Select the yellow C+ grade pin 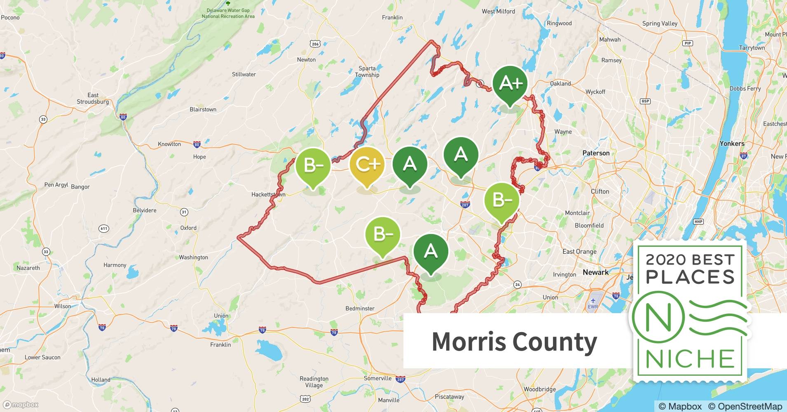pyautogui.click(x=367, y=165)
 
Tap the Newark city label pyautogui.click(x=595, y=272)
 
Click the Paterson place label pyautogui.click(x=596, y=153)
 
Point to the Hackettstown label pyautogui.click(x=268, y=194)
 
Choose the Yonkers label pyautogui.click(x=732, y=144)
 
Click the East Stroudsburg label pyautogui.click(x=93, y=98)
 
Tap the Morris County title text pyautogui.click(x=514, y=342)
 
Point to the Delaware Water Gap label pyautogui.click(x=228, y=13)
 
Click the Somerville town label pyautogui.click(x=377, y=378)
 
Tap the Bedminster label pyautogui.click(x=360, y=309)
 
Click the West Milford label pyautogui.click(x=498, y=12)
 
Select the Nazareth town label pyautogui.click(x=28, y=268)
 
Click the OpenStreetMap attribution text pyautogui.click(x=745, y=406)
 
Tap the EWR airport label pyautogui.click(x=593, y=307)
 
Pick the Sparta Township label pyautogui.click(x=367, y=72)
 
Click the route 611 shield pyautogui.click(x=104, y=229)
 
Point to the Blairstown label pyautogui.click(x=203, y=110)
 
